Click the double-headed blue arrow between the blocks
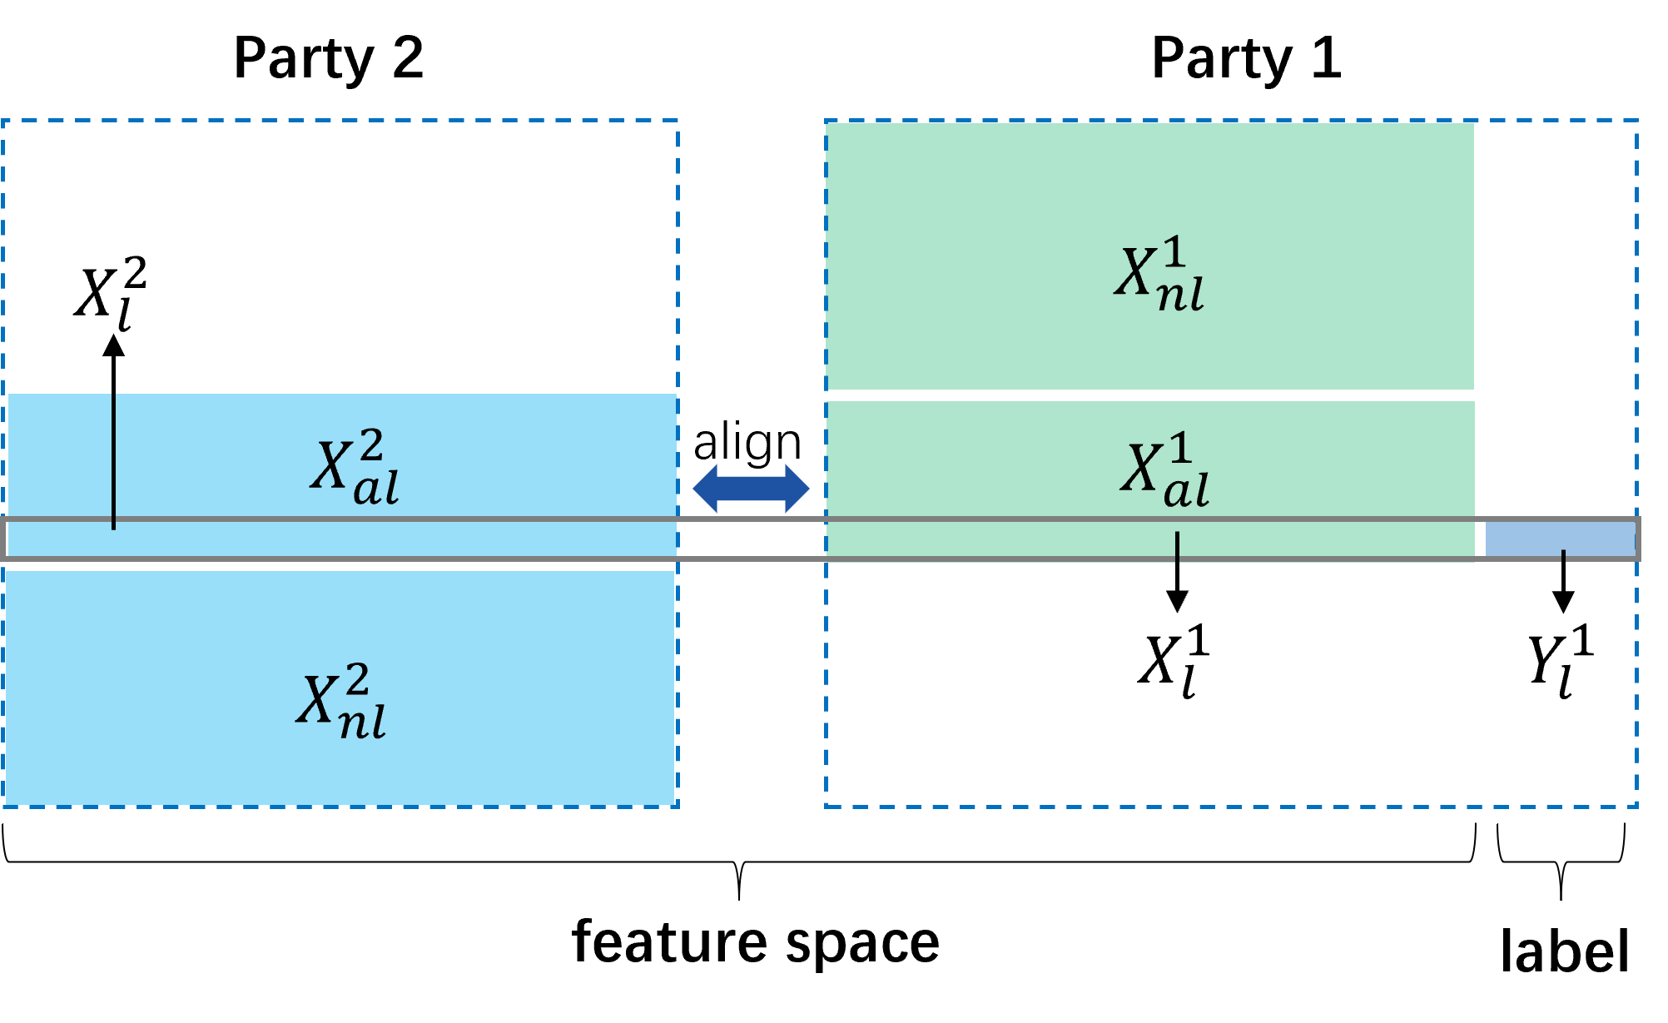[x=751, y=489]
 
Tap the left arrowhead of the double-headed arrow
[x=705, y=489]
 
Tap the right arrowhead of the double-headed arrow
[x=797, y=489]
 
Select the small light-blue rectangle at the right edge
[x=1561, y=539]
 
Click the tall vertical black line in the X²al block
[x=113, y=459]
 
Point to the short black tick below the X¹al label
[x=1177, y=549]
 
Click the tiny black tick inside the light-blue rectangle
[x=1563, y=555]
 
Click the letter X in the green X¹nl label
[x=1134, y=272]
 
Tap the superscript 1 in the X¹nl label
[x=1174, y=251]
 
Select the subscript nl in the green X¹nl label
[x=1181, y=295]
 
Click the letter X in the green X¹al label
[x=1140, y=468]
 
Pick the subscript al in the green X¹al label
[x=1186, y=491]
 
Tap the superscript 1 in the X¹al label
[x=1180, y=448]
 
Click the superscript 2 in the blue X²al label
[x=370, y=445]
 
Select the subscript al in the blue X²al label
[x=376, y=489]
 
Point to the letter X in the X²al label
[x=330, y=464]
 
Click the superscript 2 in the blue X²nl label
[x=357, y=679]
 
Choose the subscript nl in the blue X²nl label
[x=363, y=723]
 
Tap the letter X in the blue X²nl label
[x=316, y=699]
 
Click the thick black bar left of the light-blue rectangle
[x=1482, y=539]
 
